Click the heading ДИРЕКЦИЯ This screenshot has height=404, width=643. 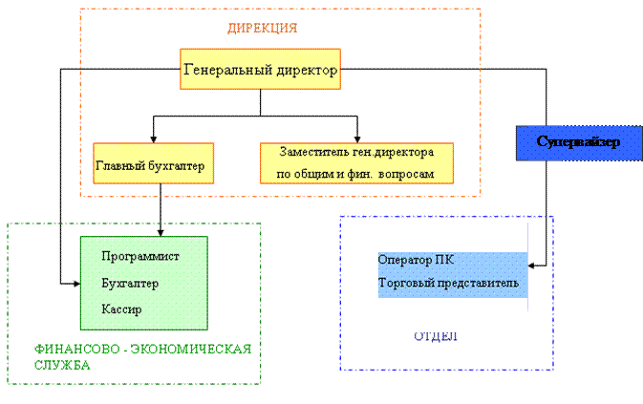tap(262, 28)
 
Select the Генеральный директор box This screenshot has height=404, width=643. tap(259, 69)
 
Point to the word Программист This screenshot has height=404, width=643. tap(139, 257)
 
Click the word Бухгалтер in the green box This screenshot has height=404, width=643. tap(129, 284)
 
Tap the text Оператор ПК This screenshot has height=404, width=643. tap(417, 260)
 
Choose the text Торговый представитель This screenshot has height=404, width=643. tap(448, 284)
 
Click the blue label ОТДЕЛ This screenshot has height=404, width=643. tap(436, 336)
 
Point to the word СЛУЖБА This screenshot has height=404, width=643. tap(61, 365)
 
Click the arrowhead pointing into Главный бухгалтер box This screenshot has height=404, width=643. tap(153, 137)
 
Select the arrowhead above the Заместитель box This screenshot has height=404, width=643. tap(357, 137)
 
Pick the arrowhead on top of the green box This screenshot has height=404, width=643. tap(160, 230)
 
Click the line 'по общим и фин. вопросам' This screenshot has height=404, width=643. tap(355, 175)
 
